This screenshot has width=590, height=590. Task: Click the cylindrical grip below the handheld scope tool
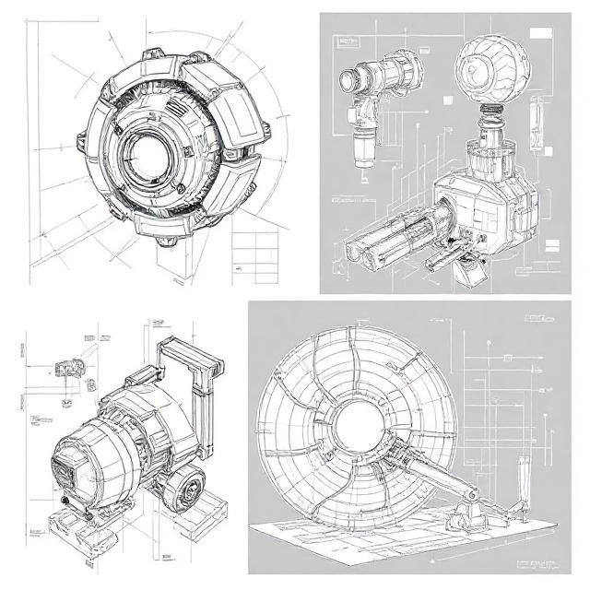(363, 144)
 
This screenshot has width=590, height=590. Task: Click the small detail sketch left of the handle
(67, 366)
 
